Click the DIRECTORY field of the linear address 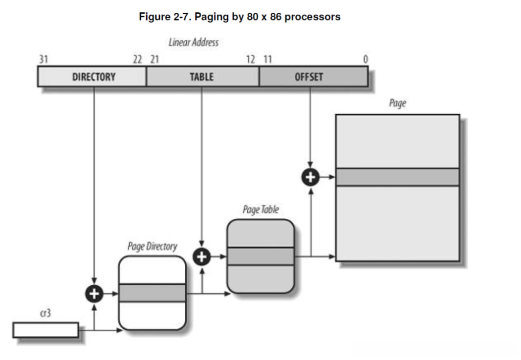pos(92,76)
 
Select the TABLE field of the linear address pos(202,76)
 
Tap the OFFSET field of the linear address pos(313,76)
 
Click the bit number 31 pos(43,59)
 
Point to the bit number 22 pos(137,59)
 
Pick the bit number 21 pos(155,59)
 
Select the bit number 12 pos(251,59)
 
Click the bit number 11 pos(268,59)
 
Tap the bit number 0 pos(366,59)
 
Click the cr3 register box pos(46,330)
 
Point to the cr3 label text pos(45,313)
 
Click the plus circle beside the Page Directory pos(94,294)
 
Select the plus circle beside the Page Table pos(202,257)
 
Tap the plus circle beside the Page pos(310,177)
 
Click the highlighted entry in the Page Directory pos(152,293)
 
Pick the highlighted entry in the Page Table pos(260,256)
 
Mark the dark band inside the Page pos(398,177)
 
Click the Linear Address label pos(194,42)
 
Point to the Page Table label pos(261,209)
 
